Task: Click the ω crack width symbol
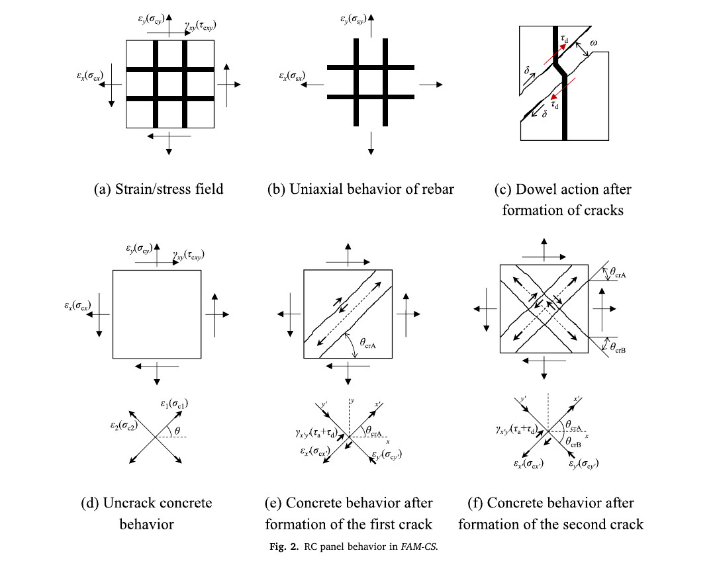[x=593, y=43]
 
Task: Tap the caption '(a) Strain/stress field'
[x=158, y=189]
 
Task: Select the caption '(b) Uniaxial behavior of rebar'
[x=360, y=189]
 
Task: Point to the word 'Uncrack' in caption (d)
[x=129, y=502]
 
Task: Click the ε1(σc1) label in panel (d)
[x=174, y=404]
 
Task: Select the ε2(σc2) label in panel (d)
[x=124, y=426]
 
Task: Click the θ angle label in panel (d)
[x=177, y=431]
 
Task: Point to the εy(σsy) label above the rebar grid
[x=354, y=20]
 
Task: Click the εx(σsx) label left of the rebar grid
[x=292, y=76]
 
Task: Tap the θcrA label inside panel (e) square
[x=367, y=343]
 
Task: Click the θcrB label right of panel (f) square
[x=618, y=348]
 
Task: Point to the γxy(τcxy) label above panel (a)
[x=201, y=26]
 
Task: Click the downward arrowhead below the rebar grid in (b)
[x=371, y=152]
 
